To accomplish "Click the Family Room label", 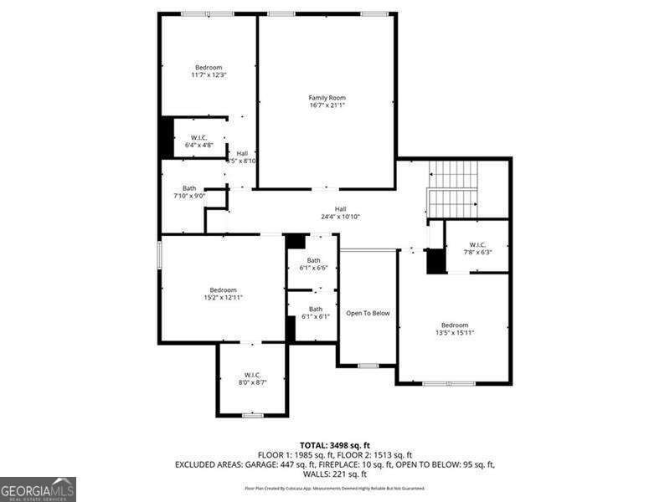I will (x=327, y=98).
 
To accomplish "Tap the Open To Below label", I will (x=368, y=313).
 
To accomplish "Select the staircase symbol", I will (x=453, y=189).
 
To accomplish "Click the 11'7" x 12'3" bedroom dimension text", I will (x=209, y=75).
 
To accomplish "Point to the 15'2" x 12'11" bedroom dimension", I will (x=223, y=298).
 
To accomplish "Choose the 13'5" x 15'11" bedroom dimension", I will (x=455, y=332).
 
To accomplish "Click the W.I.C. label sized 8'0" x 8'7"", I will (x=253, y=374).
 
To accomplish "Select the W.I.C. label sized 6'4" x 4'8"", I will (x=198, y=137).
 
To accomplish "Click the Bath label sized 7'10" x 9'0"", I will (x=189, y=188).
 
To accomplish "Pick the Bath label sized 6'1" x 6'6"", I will (x=313, y=260).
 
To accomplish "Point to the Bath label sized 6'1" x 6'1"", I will (x=313, y=309).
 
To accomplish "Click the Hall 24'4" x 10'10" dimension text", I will (x=340, y=217).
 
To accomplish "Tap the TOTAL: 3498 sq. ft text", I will (x=335, y=445).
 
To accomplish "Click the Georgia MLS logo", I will (x=38, y=489).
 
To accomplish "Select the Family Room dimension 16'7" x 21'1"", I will (x=327, y=105).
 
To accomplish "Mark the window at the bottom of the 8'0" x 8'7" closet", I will (x=253, y=415).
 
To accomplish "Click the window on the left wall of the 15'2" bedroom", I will (x=159, y=256).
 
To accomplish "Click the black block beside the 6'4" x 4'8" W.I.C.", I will (x=167, y=137).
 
